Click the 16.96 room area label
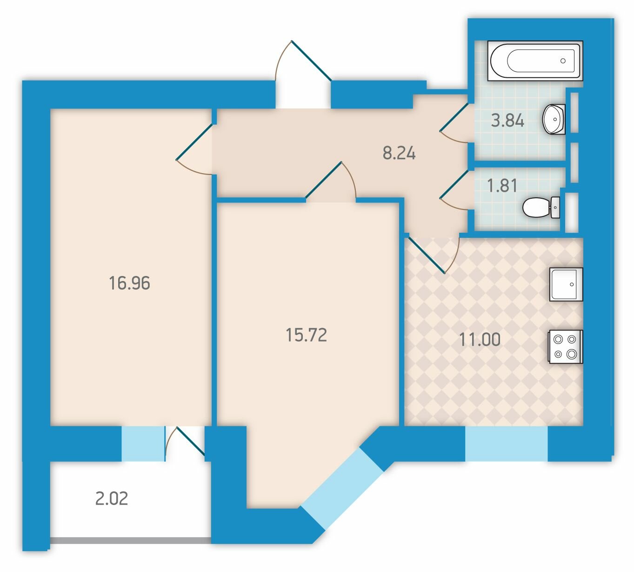click(130, 283)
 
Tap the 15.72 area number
click(306, 336)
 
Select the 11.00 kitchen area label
click(480, 340)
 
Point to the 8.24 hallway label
click(399, 154)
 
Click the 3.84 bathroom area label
click(507, 121)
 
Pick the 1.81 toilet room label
click(502, 186)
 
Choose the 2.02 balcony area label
click(112, 498)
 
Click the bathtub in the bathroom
click(535, 61)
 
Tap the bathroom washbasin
click(554, 120)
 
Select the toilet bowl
click(541, 208)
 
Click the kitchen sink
click(566, 284)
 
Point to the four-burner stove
click(566, 347)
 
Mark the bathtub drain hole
click(563, 61)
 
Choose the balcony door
click(185, 444)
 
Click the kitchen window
click(506, 443)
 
